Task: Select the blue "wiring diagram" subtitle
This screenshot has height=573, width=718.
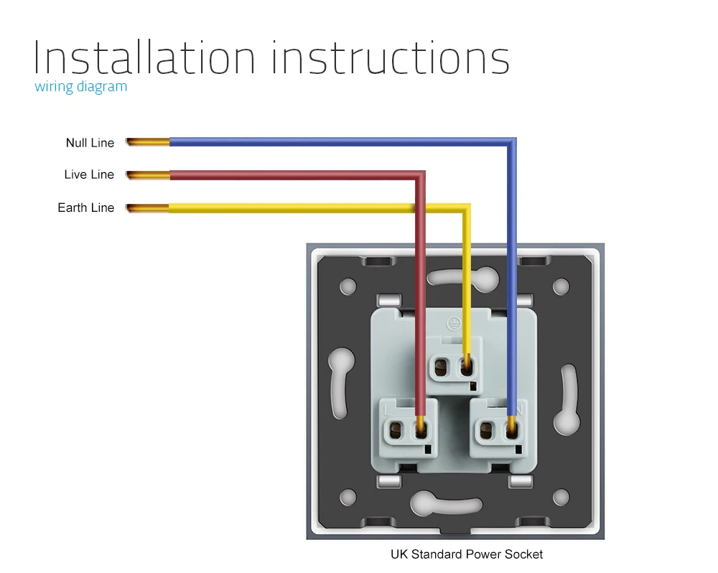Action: (80, 87)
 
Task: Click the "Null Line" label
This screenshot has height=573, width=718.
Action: (90, 143)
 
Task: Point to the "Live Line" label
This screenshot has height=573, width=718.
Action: (89, 174)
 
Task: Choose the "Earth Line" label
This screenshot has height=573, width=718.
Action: (86, 208)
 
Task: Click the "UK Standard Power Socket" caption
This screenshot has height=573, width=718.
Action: (467, 554)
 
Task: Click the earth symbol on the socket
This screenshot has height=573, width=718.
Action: (453, 324)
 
